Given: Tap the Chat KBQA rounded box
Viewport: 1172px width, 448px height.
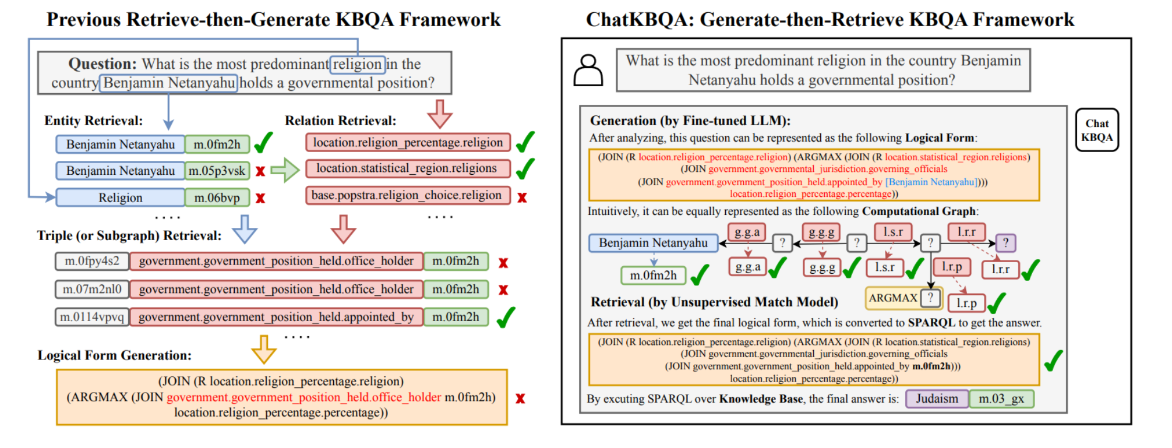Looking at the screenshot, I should (x=1096, y=130).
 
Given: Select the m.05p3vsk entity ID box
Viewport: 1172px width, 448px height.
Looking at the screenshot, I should (x=217, y=171).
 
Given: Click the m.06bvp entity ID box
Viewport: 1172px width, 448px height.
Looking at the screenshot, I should (x=217, y=197).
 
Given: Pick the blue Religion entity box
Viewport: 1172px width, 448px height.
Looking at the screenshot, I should (x=120, y=197).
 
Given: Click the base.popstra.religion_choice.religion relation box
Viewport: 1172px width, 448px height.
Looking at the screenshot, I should (x=407, y=195).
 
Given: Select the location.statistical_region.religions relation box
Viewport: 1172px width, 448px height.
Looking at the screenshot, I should (x=407, y=168).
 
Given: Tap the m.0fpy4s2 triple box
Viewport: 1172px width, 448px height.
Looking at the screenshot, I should (x=91, y=261).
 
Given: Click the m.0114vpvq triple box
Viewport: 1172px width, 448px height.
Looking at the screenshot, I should (x=91, y=317).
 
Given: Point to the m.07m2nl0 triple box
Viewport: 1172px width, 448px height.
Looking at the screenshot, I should (x=91, y=289).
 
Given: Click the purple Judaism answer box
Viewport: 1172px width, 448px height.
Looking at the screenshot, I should (x=937, y=399).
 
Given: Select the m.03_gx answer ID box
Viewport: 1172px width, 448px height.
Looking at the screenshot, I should (x=1001, y=399).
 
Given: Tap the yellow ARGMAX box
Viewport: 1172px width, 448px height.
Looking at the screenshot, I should (x=893, y=298).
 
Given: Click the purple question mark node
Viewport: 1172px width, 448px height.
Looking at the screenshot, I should (x=1005, y=242).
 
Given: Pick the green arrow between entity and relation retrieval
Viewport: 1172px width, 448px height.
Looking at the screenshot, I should (x=285, y=170).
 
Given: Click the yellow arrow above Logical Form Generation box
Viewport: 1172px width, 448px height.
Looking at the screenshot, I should (x=263, y=348).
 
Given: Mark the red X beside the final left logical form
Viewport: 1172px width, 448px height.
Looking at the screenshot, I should (x=520, y=398).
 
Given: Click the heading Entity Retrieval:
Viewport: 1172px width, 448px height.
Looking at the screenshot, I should (x=93, y=121).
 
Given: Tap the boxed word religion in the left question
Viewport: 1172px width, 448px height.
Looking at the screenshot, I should (x=357, y=64).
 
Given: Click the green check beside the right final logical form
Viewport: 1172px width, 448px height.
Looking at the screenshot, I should (x=1053, y=361).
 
